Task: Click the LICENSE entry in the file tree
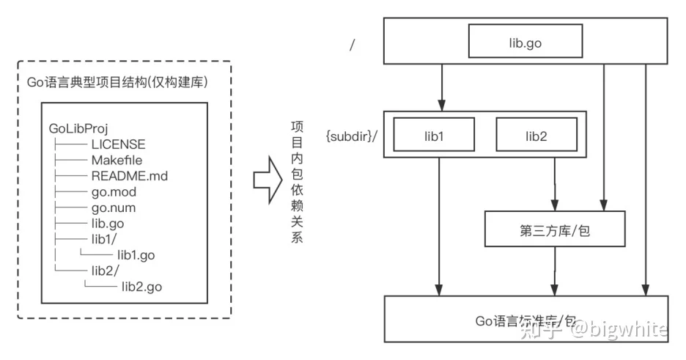[x=118, y=144]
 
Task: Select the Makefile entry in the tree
[x=117, y=161]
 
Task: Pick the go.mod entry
[x=114, y=192]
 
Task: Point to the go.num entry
[x=114, y=208]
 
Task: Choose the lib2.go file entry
[x=141, y=287]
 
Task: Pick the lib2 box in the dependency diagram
[x=536, y=136]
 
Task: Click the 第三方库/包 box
[x=556, y=231]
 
